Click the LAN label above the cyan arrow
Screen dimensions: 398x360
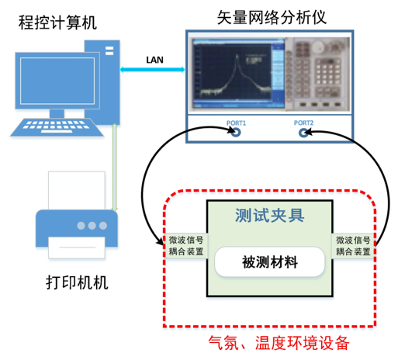pyautogui.click(x=154, y=60)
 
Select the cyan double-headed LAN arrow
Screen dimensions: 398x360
pyautogui.click(x=153, y=69)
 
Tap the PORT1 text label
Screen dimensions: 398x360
pyautogui.click(x=236, y=123)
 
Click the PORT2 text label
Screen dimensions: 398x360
pyautogui.click(x=303, y=123)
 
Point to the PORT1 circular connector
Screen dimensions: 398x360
pyautogui.click(x=236, y=133)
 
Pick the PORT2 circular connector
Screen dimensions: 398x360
pyautogui.click(x=303, y=133)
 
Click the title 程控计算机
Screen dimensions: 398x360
pyautogui.click(x=57, y=22)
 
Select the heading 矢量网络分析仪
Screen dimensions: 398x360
pyautogui.click(x=272, y=18)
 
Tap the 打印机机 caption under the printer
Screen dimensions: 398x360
pyautogui.click(x=77, y=282)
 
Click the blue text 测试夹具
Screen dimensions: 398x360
pyautogui.click(x=269, y=215)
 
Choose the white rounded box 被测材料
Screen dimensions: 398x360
pyautogui.click(x=269, y=261)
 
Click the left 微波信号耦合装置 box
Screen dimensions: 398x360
pyautogui.click(x=186, y=246)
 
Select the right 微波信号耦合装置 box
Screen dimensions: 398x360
pyautogui.click(x=353, y=246)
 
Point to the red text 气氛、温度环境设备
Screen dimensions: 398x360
pyautogui.click(x=279, y=343)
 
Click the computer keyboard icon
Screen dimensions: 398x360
pyautogui.click(x=57, y=127)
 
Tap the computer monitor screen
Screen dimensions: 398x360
pyautogui.click(x=57, y=81)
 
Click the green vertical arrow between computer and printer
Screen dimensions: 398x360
pyautogui.click(x=115, y=168)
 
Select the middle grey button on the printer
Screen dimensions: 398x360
pyautogui.click(x=92, y=226)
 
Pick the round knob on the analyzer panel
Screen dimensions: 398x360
pyautogui.click(x=318, y=47)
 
